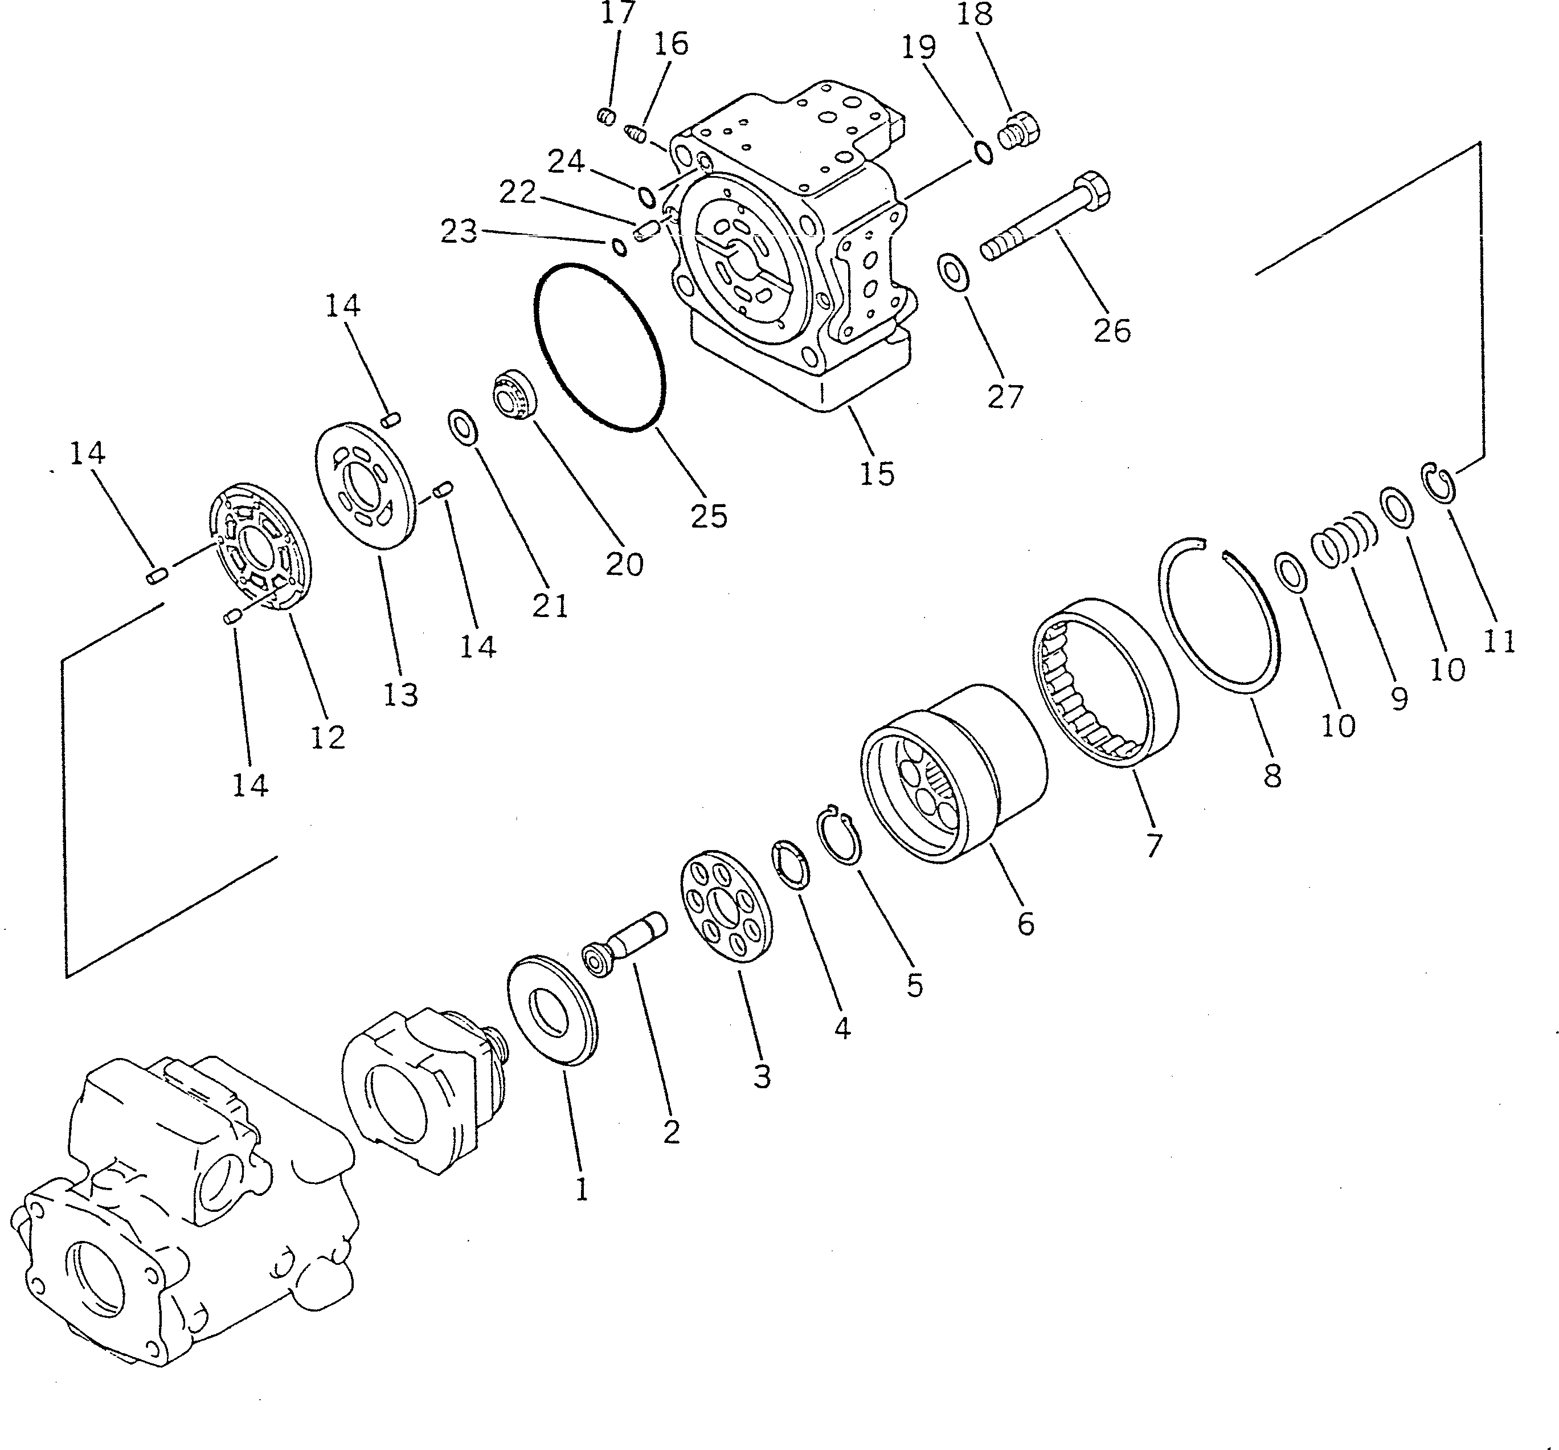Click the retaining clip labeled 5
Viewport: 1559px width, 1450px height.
(840, 837)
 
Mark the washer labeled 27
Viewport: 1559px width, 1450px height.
(953, 271)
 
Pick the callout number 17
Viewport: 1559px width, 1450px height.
(618, 13)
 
